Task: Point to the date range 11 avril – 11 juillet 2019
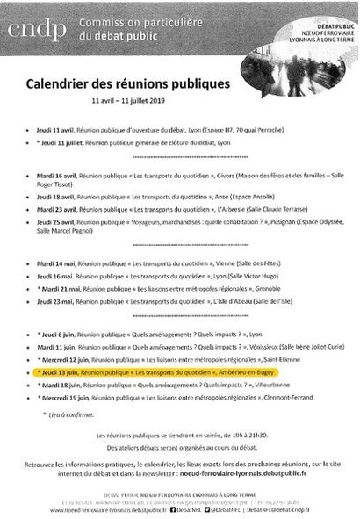(142, 101)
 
